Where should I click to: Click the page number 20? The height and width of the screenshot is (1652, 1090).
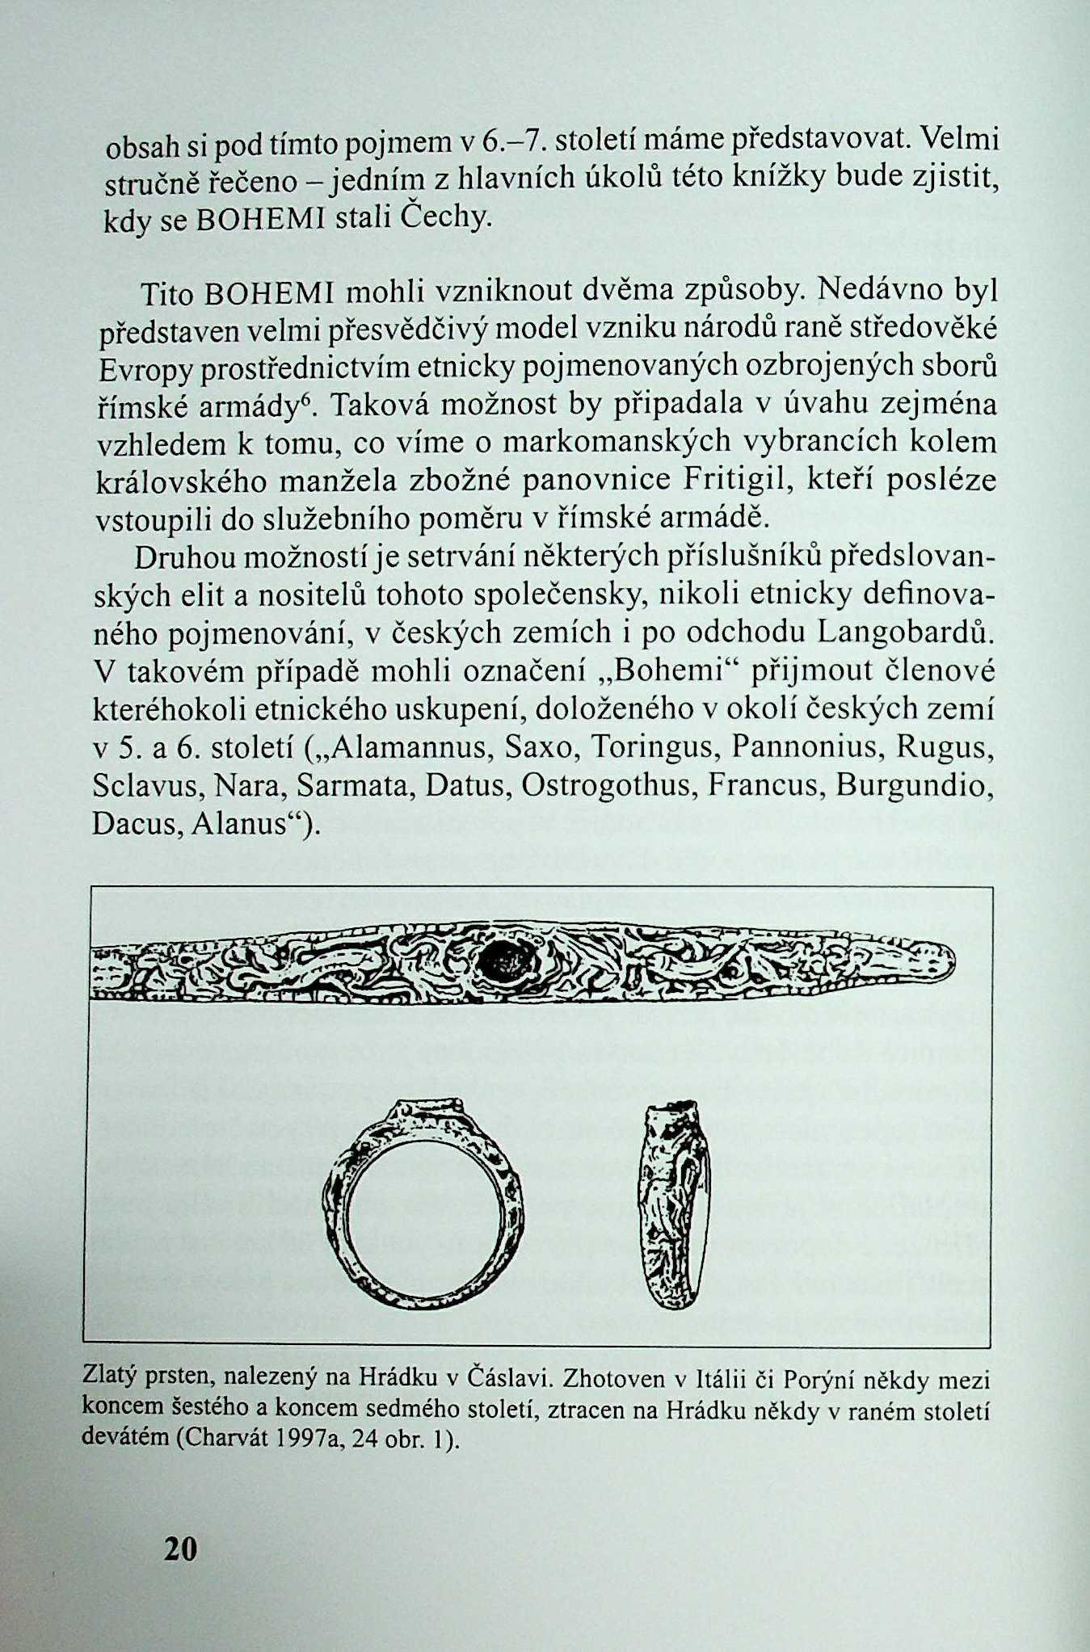pos(180,1549)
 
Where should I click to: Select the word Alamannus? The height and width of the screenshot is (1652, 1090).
pos(408,748)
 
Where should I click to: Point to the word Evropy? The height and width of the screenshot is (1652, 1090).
pos(145,370)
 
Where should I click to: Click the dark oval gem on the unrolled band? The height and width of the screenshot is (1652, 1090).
pos(506,961)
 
